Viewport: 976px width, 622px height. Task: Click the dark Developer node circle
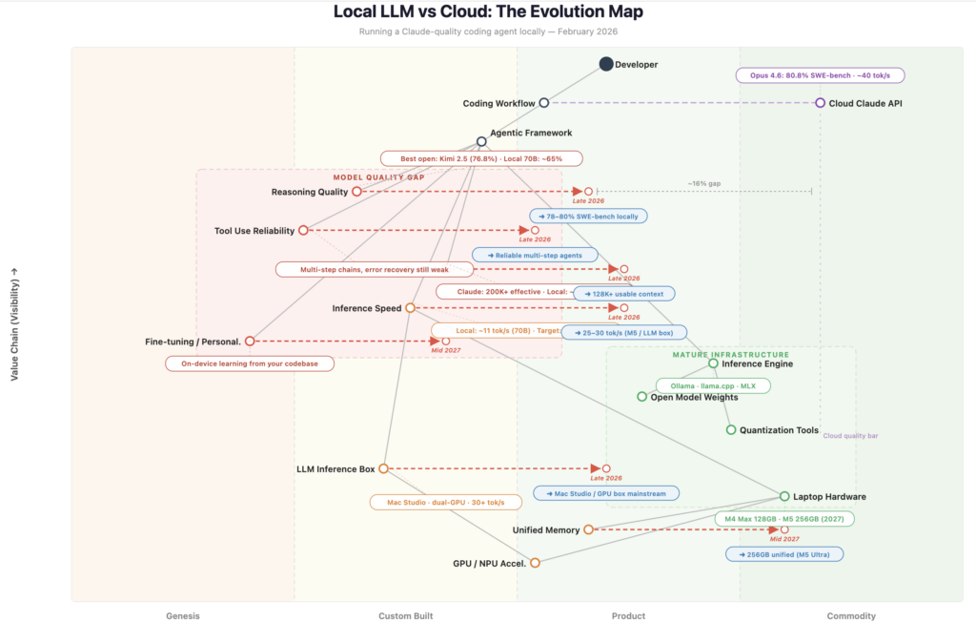point(606,64)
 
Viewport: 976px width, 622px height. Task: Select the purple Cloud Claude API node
point(820,103)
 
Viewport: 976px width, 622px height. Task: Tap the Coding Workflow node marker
point(543,103)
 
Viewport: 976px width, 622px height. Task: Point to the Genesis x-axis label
point(182,616)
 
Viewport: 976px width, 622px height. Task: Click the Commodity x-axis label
point(851,616)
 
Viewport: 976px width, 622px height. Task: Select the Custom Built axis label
point(405,616)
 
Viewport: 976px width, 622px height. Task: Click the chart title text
point(487,12)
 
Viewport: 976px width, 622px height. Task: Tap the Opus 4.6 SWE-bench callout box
point(820,75)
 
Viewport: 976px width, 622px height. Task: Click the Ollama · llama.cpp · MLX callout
point(713,386)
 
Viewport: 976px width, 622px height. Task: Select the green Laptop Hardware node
point(784,496)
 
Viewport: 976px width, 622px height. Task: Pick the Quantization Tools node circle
point(731,430)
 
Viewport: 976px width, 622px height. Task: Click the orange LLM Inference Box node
point(383,468)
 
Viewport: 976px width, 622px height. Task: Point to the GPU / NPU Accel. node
point(535,563)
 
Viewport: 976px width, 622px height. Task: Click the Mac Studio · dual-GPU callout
point(445,502)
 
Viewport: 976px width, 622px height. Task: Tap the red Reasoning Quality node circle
point(356,192)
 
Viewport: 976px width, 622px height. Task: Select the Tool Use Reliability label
point(254,231)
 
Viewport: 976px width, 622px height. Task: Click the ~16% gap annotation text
point(703,183)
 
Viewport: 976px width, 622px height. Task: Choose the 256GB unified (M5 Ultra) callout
point(783,553)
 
